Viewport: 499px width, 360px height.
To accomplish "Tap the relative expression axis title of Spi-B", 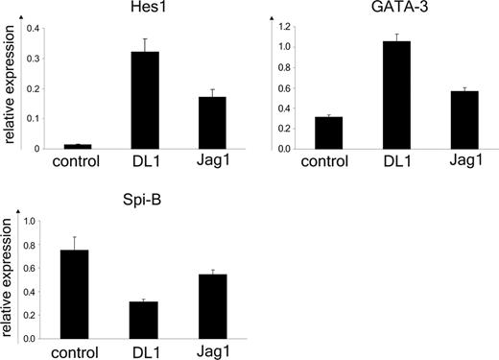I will [9, 280].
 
